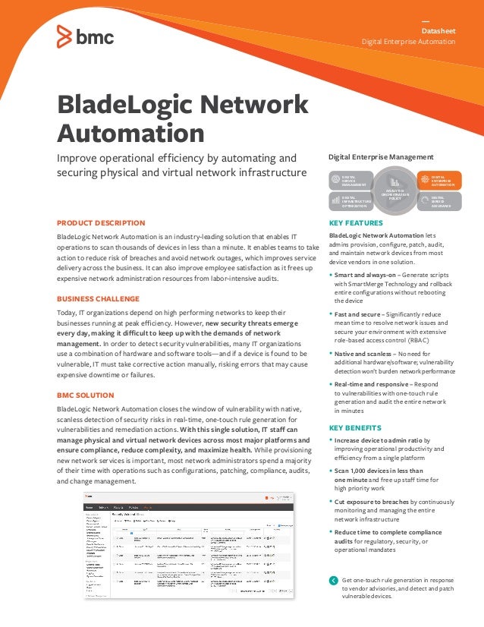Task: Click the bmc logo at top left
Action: (x=85, y=35)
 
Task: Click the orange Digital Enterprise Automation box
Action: (x=437, y=181)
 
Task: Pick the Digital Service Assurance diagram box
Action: (x=437, y=200)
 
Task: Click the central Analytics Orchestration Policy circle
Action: (x=394, y=189)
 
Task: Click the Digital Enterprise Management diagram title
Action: (x=380, y=157)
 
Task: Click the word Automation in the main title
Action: (x=130, y=134)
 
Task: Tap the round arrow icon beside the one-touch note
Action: (x=334, y=581)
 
